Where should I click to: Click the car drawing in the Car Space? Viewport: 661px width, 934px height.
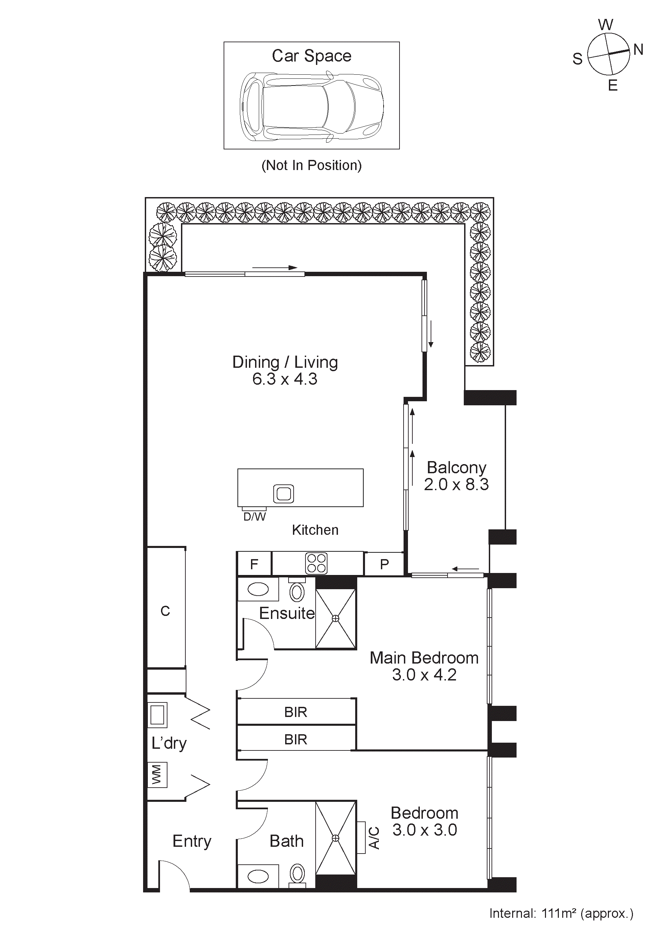tap(311, 106)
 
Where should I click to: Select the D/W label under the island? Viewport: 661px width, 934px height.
tap(254, 517)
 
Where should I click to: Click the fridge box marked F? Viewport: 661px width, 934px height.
tap(254, 564)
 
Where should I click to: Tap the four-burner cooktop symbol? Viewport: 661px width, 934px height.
tap(316, 564)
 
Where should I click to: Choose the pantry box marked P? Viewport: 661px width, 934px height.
tap(384, 564)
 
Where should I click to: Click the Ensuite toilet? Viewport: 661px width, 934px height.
tap(297, 592)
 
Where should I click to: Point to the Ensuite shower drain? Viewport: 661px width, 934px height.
tap(335, 618)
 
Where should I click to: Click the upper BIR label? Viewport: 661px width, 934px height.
tap(296, 712)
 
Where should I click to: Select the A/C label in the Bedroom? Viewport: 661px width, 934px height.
tap(374, 838)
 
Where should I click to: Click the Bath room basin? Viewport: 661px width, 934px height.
tap(258, 876)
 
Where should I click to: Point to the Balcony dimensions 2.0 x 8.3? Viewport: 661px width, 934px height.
tap(456, 484)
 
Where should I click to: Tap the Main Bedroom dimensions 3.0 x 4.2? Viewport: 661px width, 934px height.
tap(424, 675)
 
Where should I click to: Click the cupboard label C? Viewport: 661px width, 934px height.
tap(165, 611)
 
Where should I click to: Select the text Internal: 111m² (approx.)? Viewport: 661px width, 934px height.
tap(561, 913)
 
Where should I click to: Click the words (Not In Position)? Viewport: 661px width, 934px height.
tap(311, 165)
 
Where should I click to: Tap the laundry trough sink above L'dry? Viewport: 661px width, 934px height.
tap(157, 714)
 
